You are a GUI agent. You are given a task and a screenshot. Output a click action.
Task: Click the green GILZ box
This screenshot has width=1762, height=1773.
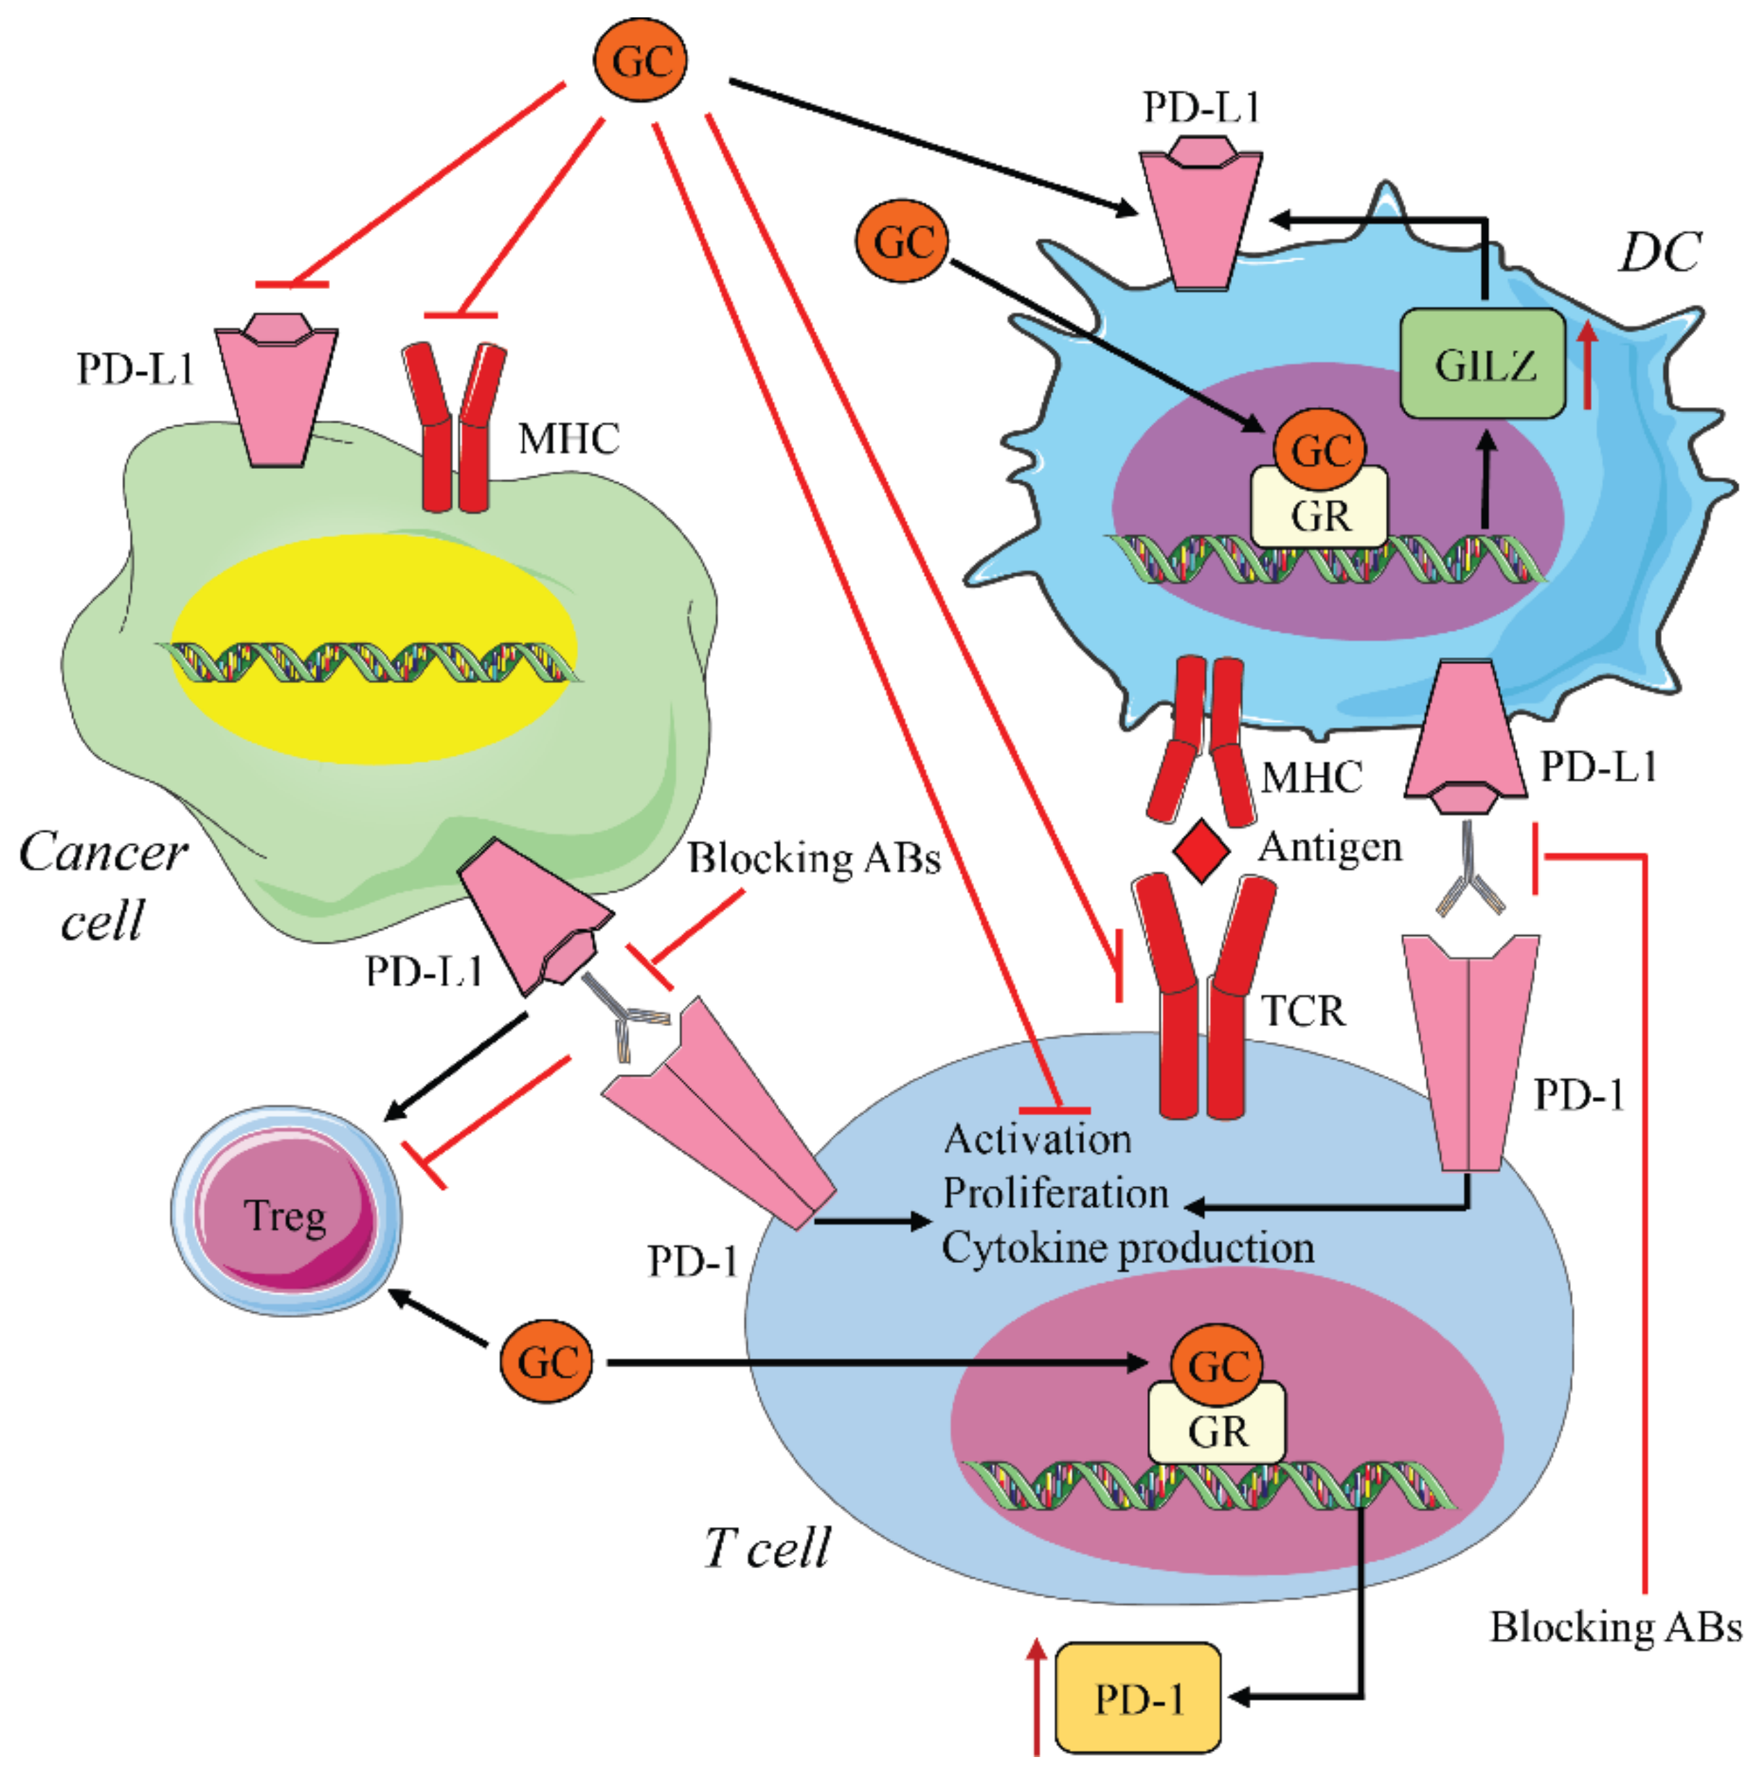point(1482,364)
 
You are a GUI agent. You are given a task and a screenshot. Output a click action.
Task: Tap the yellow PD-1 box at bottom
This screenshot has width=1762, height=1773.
point(1138,1699)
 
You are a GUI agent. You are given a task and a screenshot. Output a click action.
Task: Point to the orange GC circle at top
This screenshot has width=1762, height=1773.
point(641,60)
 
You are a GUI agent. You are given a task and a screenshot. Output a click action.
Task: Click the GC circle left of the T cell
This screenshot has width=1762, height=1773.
point(547,1362)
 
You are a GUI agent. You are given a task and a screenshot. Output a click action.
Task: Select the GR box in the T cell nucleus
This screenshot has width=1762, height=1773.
point(1217,1430)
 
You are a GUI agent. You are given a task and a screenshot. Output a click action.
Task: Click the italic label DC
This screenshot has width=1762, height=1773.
point(1658,251)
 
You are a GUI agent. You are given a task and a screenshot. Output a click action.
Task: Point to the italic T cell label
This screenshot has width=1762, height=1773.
point(767,1547)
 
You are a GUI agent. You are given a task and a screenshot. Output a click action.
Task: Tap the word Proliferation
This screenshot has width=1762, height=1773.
point(1055,1193)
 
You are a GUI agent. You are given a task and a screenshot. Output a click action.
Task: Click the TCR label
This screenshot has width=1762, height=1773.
point(1303,1010)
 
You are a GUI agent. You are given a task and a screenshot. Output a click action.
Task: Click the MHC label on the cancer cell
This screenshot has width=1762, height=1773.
point(569,438)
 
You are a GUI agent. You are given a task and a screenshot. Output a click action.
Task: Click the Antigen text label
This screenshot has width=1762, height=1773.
point(1329,846)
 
